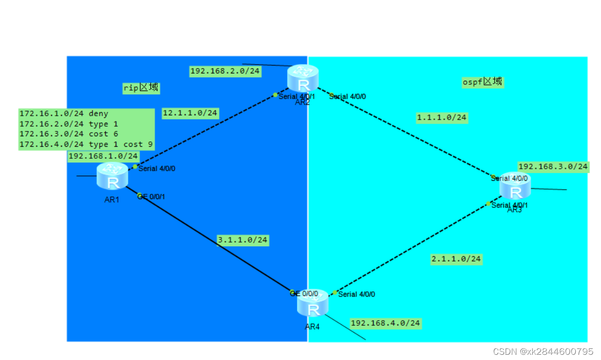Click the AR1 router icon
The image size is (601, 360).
[x=112, y=177]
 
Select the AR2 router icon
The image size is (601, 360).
[x=303, y=79]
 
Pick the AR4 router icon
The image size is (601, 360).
[x=313, y=304]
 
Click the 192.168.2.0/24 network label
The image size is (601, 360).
[x=225, y=71]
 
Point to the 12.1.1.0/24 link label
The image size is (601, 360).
[x=190, y=113]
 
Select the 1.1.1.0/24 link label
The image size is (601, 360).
[x=442, y=117]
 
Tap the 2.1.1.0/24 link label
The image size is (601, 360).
[x=456, y=259]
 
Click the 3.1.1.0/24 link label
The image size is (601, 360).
[x=243, y=240]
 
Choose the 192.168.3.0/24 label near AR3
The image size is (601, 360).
[x=553, y=167]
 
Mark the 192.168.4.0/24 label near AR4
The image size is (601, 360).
[x=385, y=323]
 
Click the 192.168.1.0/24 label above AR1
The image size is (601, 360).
[x=103, y=156]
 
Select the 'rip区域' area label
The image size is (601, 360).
[x=141, y=88]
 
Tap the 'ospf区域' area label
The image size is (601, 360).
[x=482, y=82]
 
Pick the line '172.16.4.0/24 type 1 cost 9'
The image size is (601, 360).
[x=86, y=145]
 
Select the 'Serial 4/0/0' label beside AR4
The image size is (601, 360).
[x=356, y=294]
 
